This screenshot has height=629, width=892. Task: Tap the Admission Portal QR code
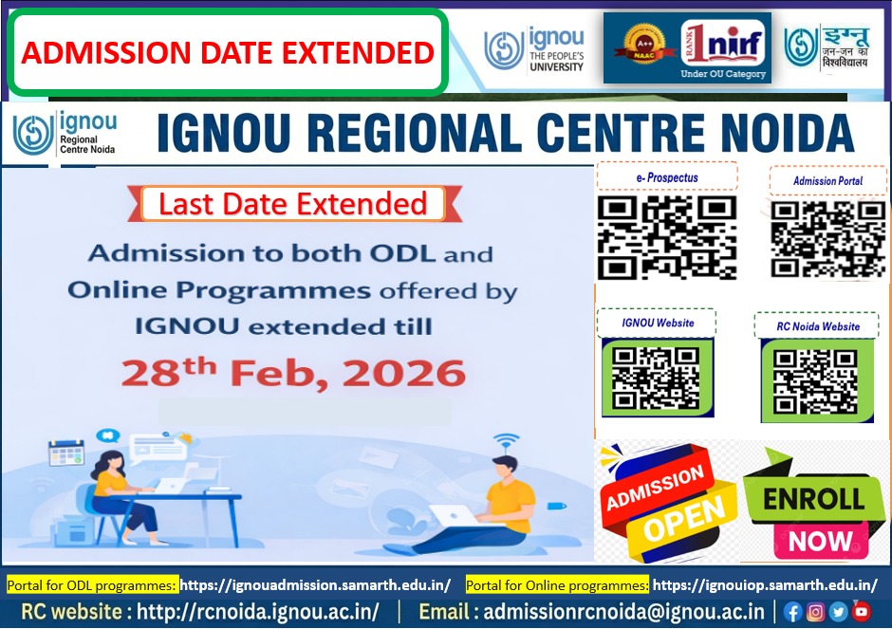coord(827,239)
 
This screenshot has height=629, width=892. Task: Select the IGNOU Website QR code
coord(656,379)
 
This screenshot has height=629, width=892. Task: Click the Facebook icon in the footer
coord(792,612)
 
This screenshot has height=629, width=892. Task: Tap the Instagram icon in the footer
coord(815,612)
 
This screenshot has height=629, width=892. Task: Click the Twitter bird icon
coord(838,612)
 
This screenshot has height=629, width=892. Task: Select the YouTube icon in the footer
coord(862,611)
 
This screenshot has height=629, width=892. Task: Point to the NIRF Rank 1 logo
coord(723,44)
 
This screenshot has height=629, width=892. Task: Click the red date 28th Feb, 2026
coord(293,373)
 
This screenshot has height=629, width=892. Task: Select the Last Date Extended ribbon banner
coord(294,204)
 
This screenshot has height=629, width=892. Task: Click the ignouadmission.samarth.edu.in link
coord(316,584)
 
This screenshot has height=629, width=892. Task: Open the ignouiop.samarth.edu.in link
coord(765,584)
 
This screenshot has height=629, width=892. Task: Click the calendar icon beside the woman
coord(66,453)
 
